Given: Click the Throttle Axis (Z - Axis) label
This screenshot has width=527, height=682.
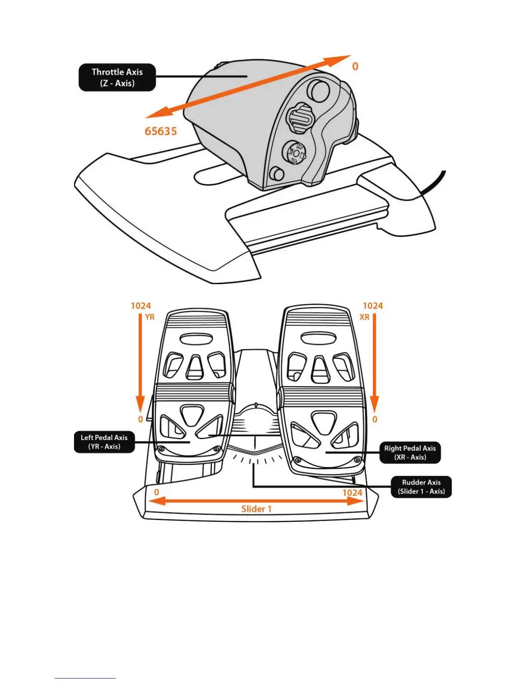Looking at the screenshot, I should point(117,77).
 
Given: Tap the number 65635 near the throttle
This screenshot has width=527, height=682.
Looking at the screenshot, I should point(161,131).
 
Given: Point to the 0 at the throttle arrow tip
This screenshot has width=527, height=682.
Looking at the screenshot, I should point(355,66).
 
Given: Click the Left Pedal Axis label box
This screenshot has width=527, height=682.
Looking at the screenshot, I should point(104,442).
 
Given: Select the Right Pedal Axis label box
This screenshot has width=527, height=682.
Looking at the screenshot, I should point(410,453).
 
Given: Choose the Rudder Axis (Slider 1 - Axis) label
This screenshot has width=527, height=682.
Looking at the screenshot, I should point(421,487).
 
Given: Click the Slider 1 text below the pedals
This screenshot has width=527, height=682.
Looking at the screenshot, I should point(256,509).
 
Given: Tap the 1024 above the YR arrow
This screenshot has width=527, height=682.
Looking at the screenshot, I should point(141,306).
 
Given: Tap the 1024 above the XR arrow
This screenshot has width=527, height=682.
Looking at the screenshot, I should point(372,306).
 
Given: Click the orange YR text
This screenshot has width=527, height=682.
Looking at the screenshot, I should point(150,317).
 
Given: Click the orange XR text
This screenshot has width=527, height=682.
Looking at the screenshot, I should point(364,317).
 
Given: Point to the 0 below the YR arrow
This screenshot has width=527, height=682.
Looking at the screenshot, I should point(140,419).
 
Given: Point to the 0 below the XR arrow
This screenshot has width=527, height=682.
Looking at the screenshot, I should point(375,419).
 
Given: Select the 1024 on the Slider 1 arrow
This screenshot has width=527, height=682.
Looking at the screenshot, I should point(352,493).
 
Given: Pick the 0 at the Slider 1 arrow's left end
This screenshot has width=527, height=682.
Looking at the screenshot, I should point(156,492).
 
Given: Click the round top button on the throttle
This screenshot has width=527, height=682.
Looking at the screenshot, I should point(319,90).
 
